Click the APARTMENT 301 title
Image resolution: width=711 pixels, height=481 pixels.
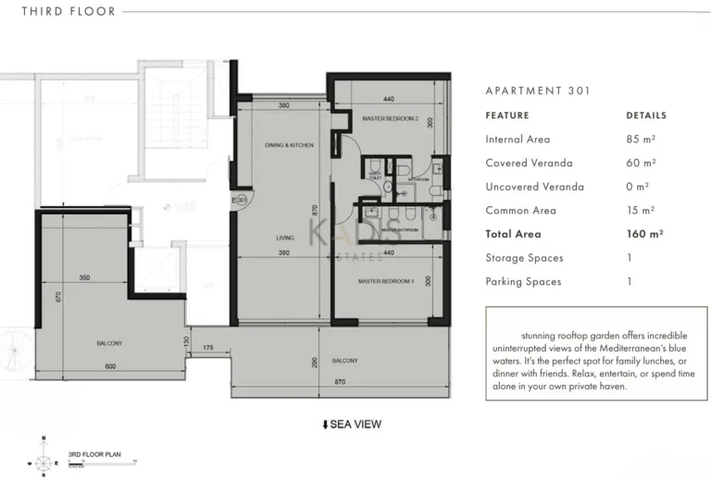point(538,91)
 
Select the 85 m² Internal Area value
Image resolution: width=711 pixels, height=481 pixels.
point(641,140)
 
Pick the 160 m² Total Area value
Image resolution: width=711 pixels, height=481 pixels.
point(644,235)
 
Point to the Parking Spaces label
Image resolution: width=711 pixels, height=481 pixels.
point(523,282)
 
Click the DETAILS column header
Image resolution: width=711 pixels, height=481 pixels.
point(646,116)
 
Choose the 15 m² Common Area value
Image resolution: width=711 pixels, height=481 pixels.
point(641,211)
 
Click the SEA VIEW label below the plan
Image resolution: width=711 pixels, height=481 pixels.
point(352,425)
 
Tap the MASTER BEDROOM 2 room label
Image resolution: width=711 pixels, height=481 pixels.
point(390,119)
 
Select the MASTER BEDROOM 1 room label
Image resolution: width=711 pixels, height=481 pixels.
point(385,281)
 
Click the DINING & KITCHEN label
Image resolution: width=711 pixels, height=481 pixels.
point(289,146)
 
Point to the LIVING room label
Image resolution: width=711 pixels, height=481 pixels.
point(285,238)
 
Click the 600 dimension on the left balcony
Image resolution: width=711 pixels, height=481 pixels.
point(110,366)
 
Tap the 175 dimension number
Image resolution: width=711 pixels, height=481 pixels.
point(208,348)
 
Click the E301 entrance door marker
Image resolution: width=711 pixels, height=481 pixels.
point(240,200)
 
